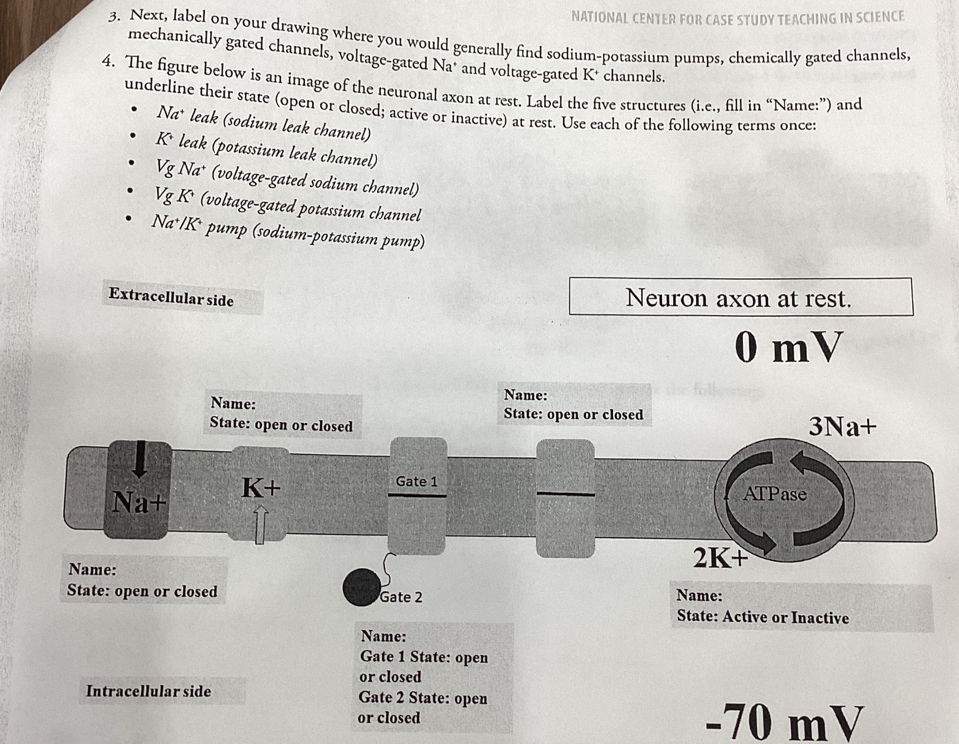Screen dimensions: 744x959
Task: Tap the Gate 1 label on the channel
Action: click(x=416, y=481)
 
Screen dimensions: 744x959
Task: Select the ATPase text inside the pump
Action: click(x=775, y=494)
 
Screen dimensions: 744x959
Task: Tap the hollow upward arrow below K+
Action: click(x=261, y=524)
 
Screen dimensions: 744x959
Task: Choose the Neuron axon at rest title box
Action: click(x=740, y=297)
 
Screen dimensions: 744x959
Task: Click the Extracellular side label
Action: click(x=171, y=297)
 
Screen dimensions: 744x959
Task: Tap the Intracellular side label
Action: click(x=148, y=691)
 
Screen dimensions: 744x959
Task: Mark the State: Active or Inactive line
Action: click(x=762, y=617)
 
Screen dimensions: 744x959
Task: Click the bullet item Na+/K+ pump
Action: click(x=288, y=232)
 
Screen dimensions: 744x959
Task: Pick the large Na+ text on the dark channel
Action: click(x=139, y=502)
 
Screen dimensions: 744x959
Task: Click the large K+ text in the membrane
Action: click(x=261, y=487)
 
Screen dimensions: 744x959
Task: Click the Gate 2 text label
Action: click(x=401, y=597)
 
